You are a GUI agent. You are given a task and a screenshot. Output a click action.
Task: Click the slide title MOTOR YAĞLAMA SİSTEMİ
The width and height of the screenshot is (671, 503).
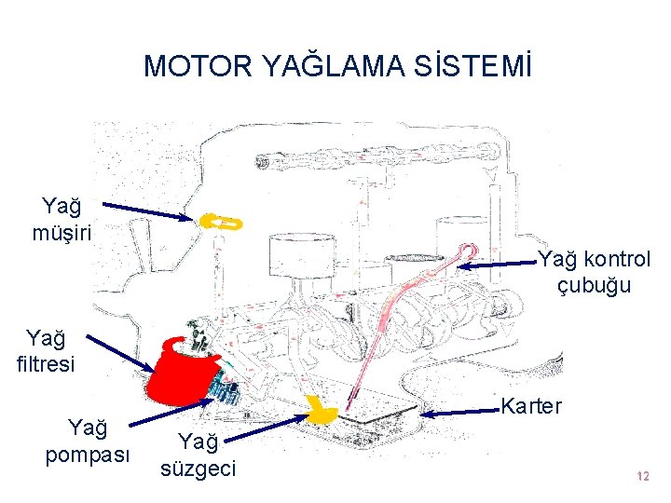339,66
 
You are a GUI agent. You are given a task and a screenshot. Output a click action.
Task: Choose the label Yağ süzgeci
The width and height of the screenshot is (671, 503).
199,454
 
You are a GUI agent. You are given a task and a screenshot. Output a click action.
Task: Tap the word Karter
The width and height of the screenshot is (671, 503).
531,406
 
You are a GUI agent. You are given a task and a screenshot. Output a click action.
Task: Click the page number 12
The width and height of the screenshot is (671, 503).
640,476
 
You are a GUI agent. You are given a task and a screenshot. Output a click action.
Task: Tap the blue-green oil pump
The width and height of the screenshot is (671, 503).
224,387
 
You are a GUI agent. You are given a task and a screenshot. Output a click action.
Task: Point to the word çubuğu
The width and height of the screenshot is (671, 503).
594,286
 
